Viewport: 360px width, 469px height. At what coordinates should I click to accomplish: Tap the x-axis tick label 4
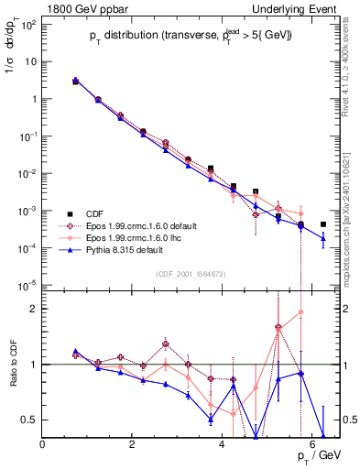(223, 445)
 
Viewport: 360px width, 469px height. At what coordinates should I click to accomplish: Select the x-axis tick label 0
(43, 445)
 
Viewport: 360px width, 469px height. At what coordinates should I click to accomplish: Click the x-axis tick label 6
(312, 445)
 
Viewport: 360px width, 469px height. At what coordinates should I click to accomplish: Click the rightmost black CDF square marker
(322, 224)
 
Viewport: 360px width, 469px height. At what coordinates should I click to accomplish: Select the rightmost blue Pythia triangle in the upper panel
(322, 239)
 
